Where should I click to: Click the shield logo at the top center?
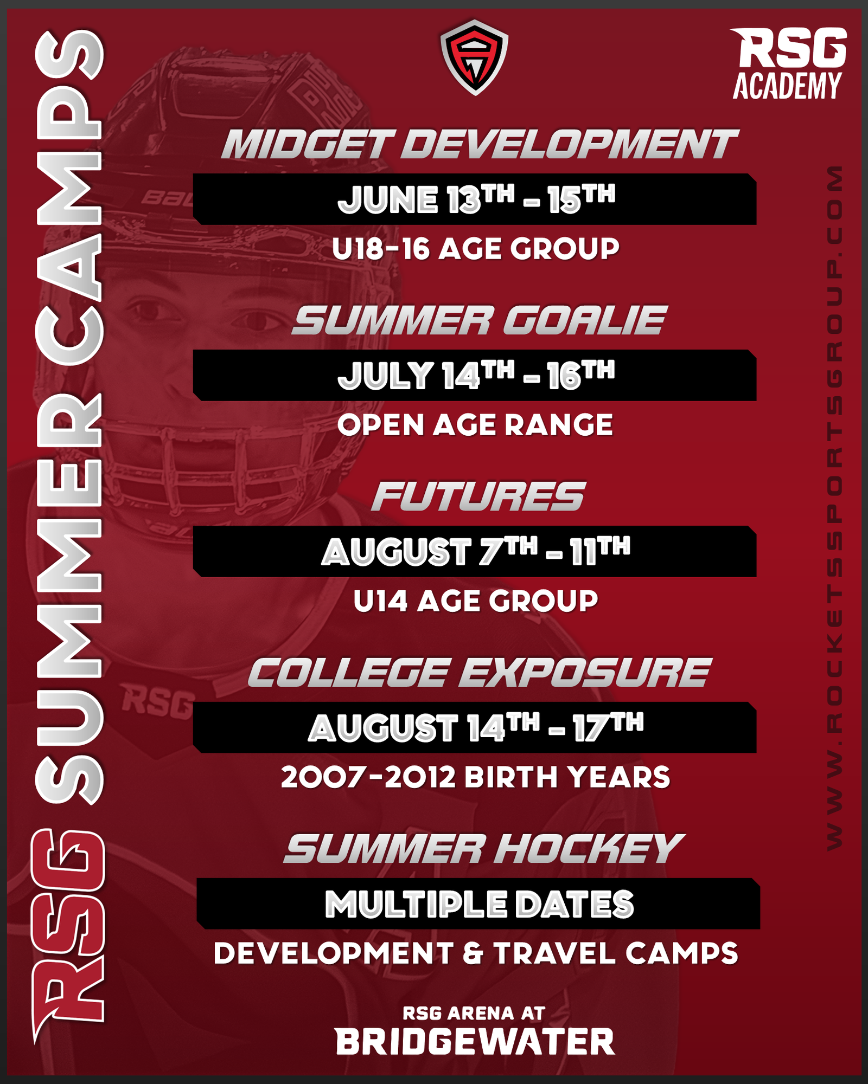click(474, 57)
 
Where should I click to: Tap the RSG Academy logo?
click(789, 64)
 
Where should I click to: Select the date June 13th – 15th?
click(476, 199)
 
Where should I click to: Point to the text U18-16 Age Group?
click(476, 249)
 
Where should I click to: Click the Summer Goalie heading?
click(480, 320)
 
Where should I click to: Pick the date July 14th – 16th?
click(476, 376)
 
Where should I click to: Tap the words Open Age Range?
click(475, 425)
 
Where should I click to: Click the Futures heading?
click(478, 496)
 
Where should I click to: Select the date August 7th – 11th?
click(476, 552)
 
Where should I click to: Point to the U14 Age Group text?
click(476, 601)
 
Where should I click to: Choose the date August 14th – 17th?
click(476, 728)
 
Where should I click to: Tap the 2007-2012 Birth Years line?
click(476, 777)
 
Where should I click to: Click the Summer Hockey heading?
click(483, 849)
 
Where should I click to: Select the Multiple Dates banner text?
click(479, 904)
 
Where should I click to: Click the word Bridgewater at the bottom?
click(475, 1042)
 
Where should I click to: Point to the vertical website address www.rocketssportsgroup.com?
click(834, 507)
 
